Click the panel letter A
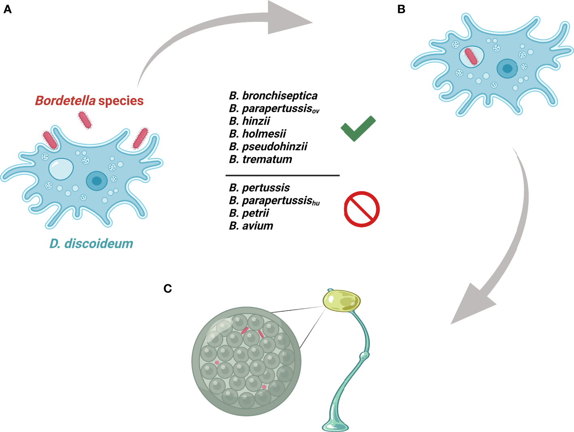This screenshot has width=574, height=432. pyautogui.click(x=7, y=9)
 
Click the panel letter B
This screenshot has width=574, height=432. pyautogui.click(x=401, y=9)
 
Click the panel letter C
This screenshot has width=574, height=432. pyautogui.click(x=168, y=288)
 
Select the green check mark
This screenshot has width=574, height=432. pyautogui.click(x=358, y=128)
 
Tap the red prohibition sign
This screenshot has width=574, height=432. pyautogui.click(x=361, y=209)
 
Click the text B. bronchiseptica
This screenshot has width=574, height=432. pyautogui.click(x=273, y=96)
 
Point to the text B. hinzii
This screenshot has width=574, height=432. pyautogui.click(x=250, y=121)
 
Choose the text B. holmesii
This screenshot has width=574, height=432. pyautogui.click(x=258, y=134)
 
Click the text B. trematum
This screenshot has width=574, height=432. pyautogui.click(x=260, y=159)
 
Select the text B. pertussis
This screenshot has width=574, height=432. pyautogui.click(x=259, y=188)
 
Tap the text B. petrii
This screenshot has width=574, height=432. pyautogui.click(x=249, y=213)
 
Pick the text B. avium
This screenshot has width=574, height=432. pyautogui.click(x=251, y=226)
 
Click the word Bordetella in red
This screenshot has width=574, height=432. pyautogui.click(x=65, y=100)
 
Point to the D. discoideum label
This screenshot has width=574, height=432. pyautogui.click(x=91, y=244)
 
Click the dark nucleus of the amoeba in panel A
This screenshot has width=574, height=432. pyautogui.click(x=96, y=181)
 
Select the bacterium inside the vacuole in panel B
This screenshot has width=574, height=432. pyautogui.click(x=471, y=57)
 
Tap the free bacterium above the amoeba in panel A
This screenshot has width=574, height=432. pyautogui.click(x=85, y=120)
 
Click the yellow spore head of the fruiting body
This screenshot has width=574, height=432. pyautogui.click(x=341, y=301)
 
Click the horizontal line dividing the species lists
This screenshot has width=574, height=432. pyautogui.click(x=282, y=175)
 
